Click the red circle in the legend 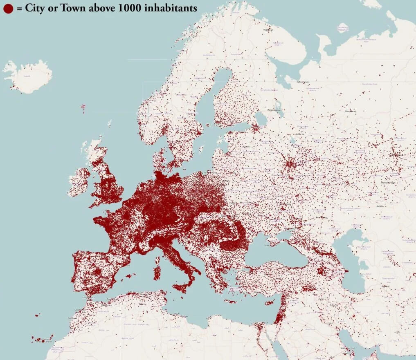click(8, 8)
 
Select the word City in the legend click(34, 8)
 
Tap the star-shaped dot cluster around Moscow click(290, 164)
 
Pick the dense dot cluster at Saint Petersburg click(255, 128)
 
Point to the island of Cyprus click(269, 303)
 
